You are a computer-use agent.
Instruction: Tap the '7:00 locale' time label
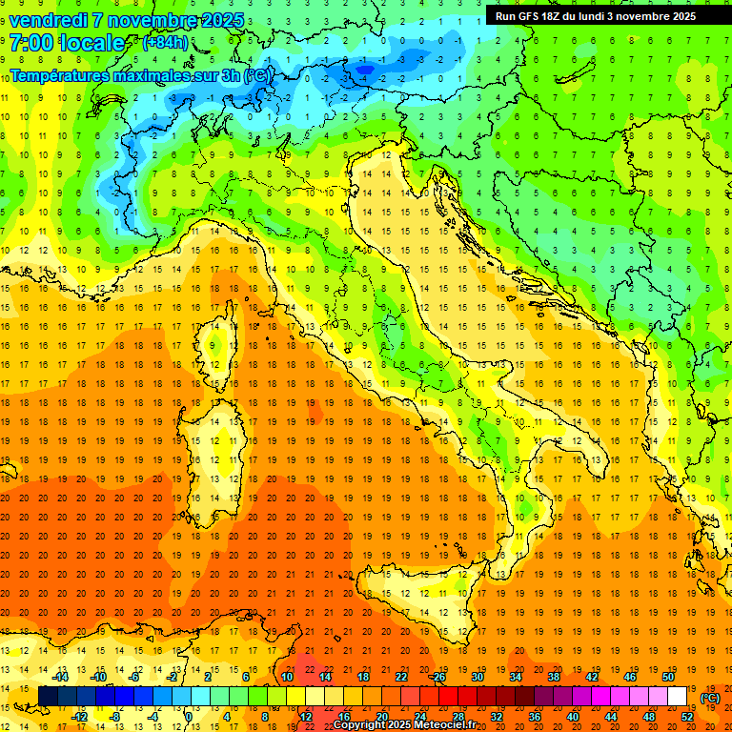tap(68, 43)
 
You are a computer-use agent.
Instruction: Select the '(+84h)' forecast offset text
tap(165, 43)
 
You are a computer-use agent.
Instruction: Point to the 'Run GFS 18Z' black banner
tap(596, 16)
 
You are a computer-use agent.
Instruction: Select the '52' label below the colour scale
tap(687, 716)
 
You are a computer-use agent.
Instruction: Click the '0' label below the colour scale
tap(189, 716)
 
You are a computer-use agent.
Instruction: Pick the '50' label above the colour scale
tap(667, 676)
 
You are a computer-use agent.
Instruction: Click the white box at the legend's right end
tap(677, 696)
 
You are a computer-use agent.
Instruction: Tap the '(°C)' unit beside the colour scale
tap(710, 697)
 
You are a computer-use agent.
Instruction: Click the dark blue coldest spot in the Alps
tap(364, 68)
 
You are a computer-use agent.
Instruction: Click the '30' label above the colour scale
tap(478, 676)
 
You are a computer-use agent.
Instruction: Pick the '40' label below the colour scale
tap(573, 716)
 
